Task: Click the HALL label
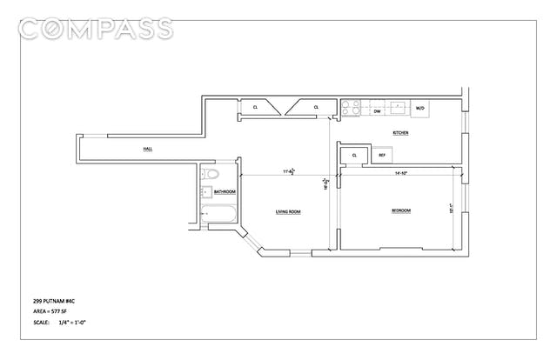[148, 150]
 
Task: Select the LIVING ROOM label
[288, 211]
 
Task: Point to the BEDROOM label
[400, 211]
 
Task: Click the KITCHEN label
[401, 133]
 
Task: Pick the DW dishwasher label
[377, 110]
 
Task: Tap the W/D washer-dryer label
[419, 109]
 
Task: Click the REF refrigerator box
[382, 156]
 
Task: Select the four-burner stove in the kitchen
[350, 108]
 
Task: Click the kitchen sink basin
[399, 108]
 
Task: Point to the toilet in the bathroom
[210, 176]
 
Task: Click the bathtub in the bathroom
[218, 216]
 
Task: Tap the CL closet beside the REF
[355, 156]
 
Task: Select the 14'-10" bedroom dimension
[400, 172]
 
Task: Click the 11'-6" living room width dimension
[288, 171]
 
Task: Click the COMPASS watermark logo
[96, 28]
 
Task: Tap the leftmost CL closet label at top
[255, 107]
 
